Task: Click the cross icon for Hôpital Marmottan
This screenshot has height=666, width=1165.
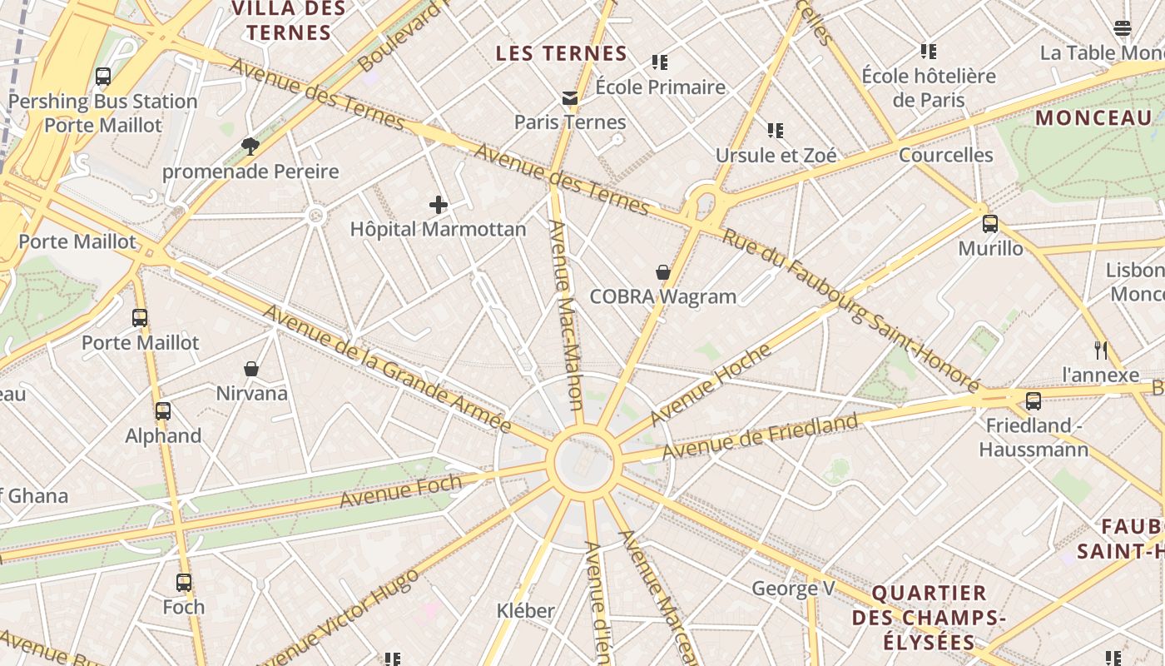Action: tap(439, 205)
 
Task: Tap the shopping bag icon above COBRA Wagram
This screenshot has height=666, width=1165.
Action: tap(663, 272)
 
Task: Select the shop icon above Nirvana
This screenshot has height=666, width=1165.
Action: tap(251, 369)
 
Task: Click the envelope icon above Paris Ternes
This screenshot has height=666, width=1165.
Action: tap(570, 98)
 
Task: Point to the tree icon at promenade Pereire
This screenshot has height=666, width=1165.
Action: tap(250, 147)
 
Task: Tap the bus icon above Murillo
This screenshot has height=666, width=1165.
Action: tap(990, 224)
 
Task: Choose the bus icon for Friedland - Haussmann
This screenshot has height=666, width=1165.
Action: tap(1034, 401)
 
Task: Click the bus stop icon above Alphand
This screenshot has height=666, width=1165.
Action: tap(163, 411)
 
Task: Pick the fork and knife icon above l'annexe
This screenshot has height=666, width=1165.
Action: tap(1101, 350)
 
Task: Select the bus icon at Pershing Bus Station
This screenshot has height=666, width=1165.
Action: tap(103, 77)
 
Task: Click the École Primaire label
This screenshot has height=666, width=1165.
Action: tap(661, 87)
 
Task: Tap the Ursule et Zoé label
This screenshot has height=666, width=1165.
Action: tap(776, 156)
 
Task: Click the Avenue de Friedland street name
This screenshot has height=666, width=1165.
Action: tap(760, 436)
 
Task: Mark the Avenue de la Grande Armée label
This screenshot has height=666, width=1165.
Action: tap(387, 369)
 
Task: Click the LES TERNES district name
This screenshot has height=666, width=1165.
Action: tap(562, 54)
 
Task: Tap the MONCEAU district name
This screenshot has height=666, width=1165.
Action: tap(1093, 118)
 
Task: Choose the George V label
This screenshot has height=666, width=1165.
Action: tap(793, 589)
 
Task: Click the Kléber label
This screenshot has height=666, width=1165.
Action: tap(525, 610)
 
